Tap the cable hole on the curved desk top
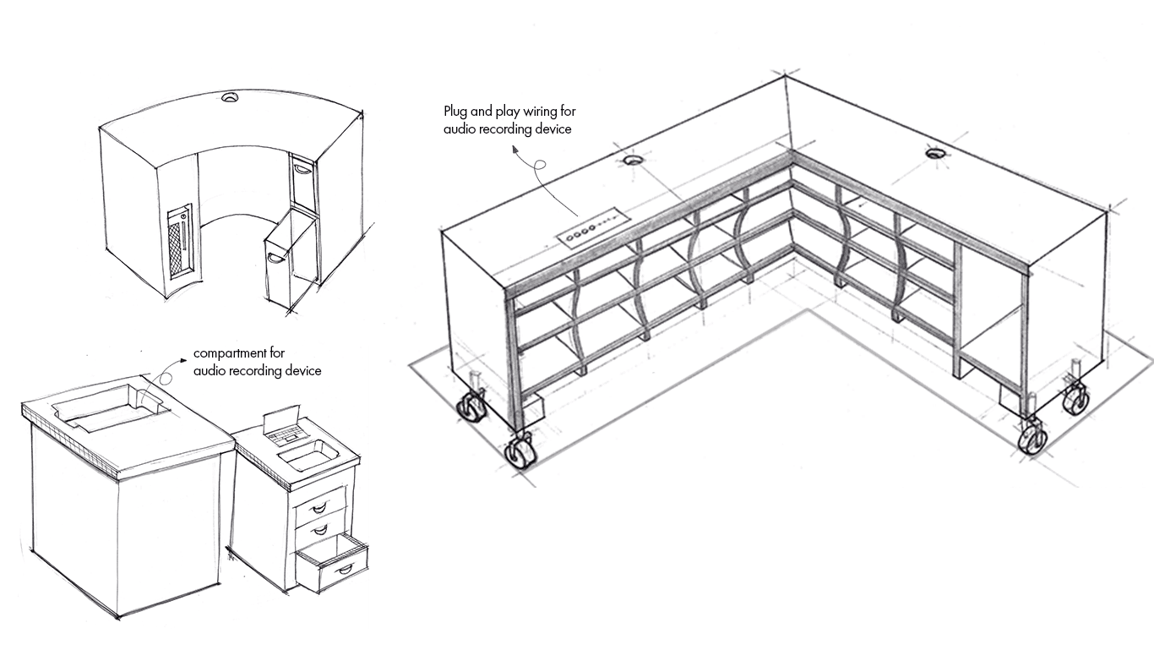tap(230, 99)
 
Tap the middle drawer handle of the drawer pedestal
tap(319, 529)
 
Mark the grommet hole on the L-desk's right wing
tap(934, 153)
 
